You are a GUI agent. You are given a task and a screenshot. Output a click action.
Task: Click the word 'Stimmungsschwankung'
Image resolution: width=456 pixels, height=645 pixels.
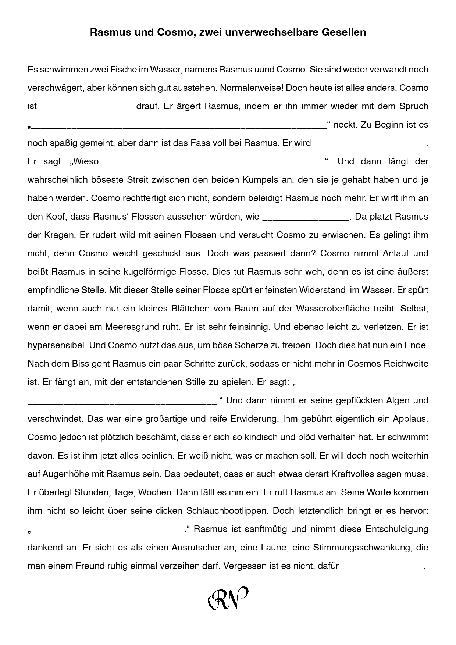click(x=363, y=548)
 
